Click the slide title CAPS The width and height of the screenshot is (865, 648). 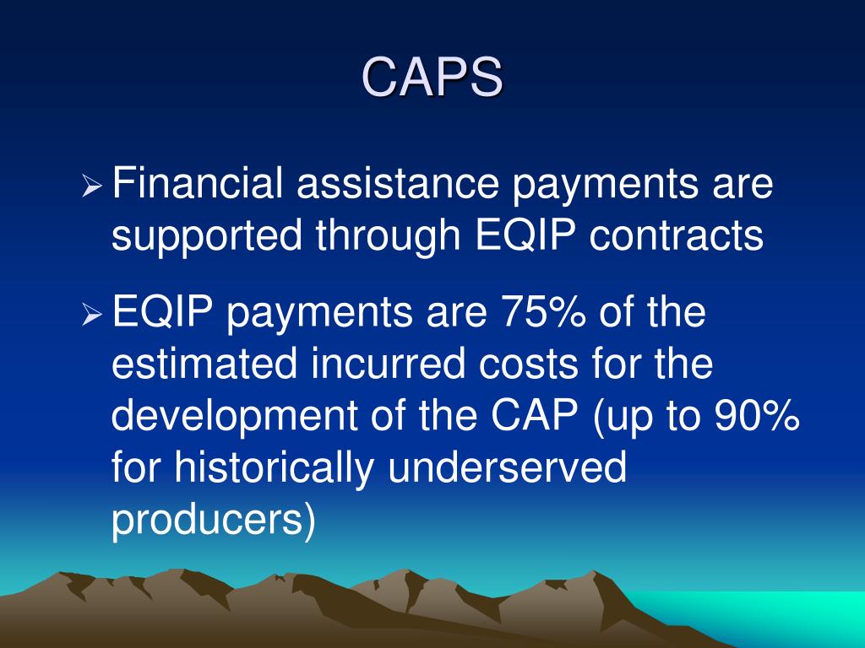tap(432, 78)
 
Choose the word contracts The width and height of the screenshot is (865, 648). tap(676, 237)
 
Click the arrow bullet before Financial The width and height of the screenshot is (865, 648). tap(92, 186)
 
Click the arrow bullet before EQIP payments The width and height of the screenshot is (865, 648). tap(92, 316)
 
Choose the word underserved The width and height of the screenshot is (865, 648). tap(507, 469)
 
